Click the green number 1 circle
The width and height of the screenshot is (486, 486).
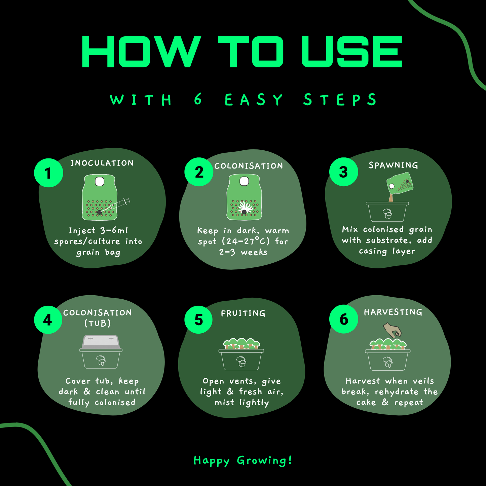pyautogui.click(x=48, y=173)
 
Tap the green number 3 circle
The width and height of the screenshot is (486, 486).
pyautogui.click(x=343, y=172)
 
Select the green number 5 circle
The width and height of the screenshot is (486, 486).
pyautogui.click(x=198, y=320)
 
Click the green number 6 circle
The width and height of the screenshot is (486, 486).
pyautogui.click(x=343, y=319)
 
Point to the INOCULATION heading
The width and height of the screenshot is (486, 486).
pyautogui.click(x=102, y=163)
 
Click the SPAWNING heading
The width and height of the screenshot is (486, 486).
pyautogui.click(x=393, y=165)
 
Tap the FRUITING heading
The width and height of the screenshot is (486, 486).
pyautogui.click(x=243, y=313)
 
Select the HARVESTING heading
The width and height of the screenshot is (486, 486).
pyautogui.click(x=393, y=312)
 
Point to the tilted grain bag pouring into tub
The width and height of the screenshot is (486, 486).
pyautogui.click(x=400, y=183)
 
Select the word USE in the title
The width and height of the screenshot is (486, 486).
pyautogui.click(x=352, y=52)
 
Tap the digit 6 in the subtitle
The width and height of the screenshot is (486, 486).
pyautogui.click(x=198, y=99)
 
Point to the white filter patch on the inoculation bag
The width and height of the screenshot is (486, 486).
pyautogui.click(x=100, y=181)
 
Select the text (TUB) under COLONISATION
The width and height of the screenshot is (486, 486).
pyautogui.click(x=98, y=323)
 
